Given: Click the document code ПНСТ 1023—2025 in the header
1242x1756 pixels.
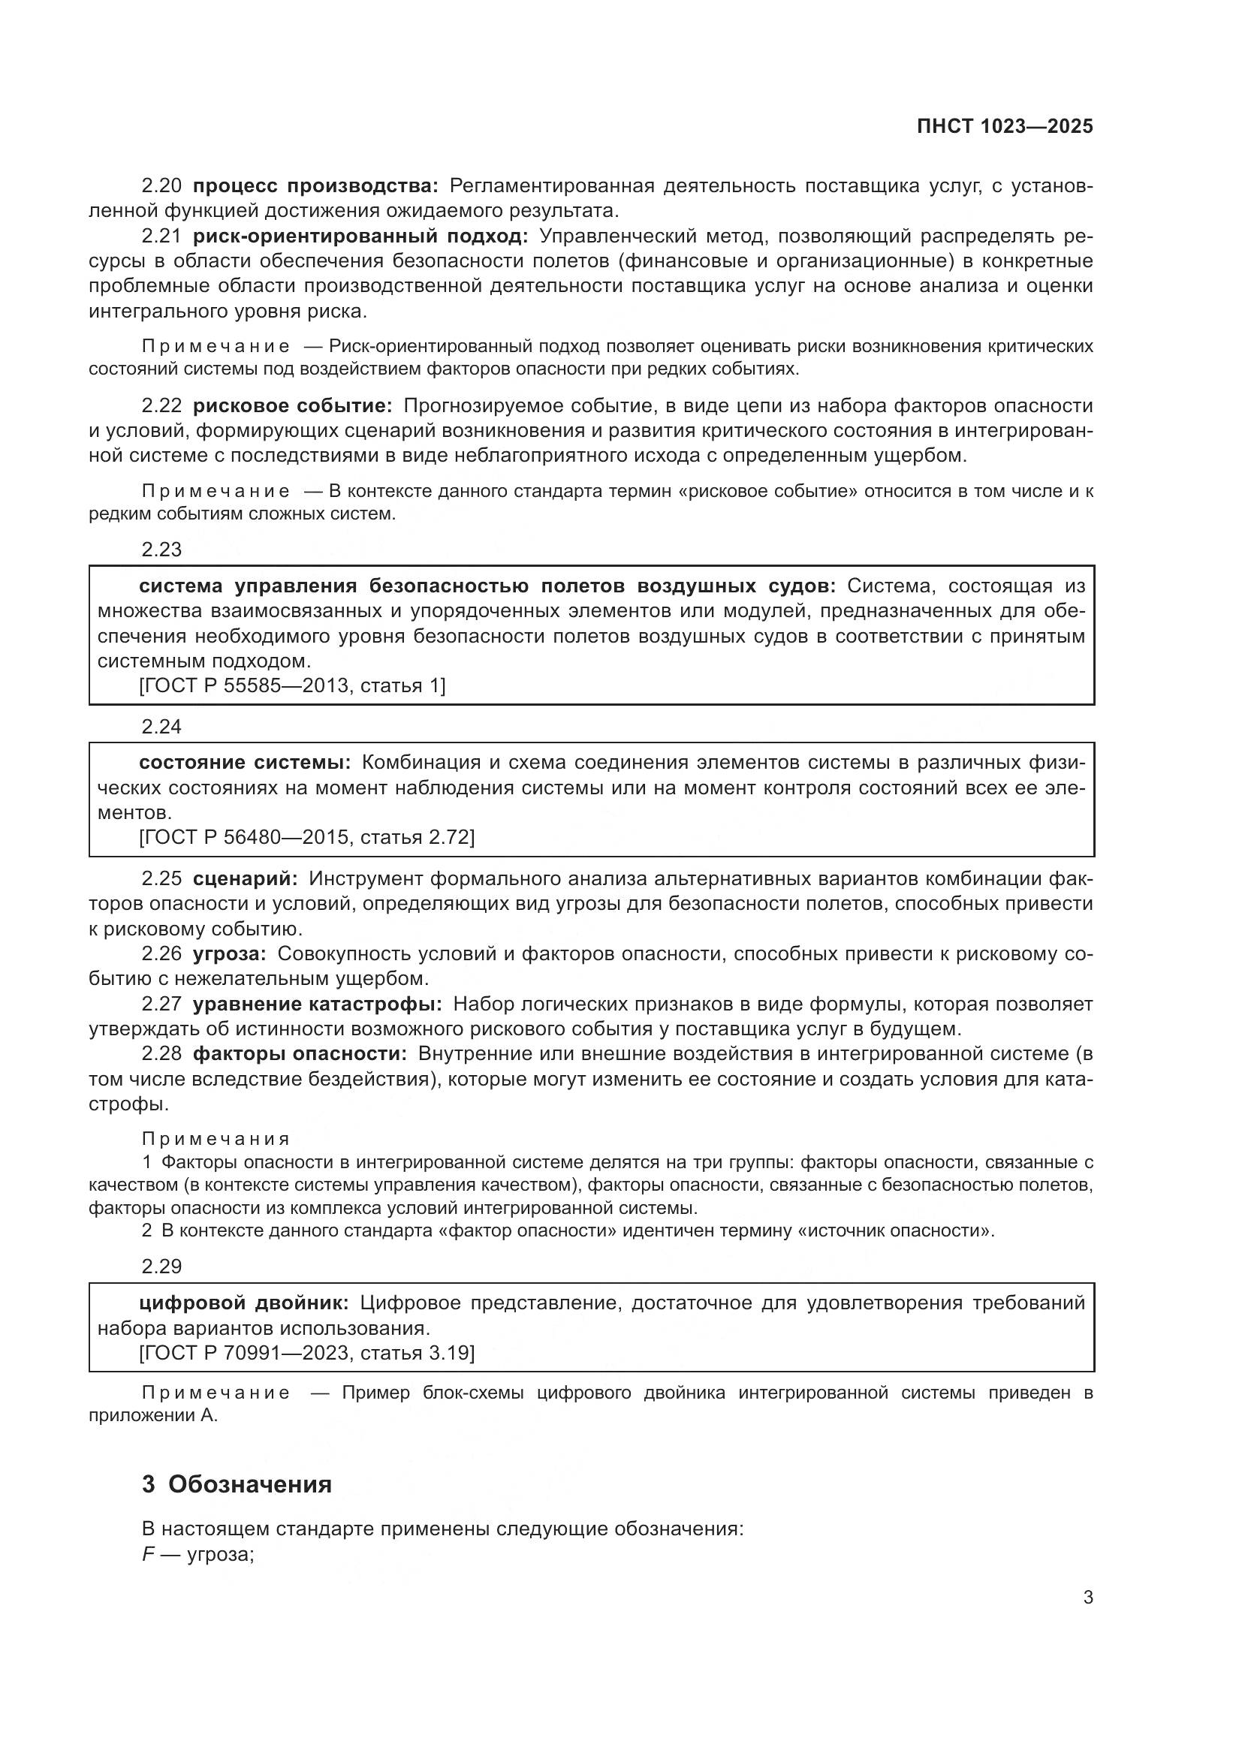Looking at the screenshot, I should (1004, 127).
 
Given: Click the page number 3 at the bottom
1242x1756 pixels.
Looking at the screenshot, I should (1087, 1597).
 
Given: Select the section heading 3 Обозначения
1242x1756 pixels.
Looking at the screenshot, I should (237, 1483).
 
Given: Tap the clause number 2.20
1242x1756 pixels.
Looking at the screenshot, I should (161, 186).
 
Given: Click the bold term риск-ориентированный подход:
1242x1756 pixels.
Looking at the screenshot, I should (360, 236).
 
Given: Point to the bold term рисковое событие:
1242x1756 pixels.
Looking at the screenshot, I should (292, 405).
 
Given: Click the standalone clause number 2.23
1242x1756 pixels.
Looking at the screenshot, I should (161, 549).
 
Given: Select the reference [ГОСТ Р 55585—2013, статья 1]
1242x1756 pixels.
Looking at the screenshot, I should (291, 685).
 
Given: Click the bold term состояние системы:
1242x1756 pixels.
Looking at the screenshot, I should (244, 763).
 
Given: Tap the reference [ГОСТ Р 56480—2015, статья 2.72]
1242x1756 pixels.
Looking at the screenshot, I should (306, 838).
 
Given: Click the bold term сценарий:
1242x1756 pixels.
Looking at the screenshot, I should (245, 879).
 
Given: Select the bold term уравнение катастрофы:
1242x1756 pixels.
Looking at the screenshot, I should (317, 1004).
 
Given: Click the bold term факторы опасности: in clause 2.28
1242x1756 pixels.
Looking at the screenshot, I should (299, 1054).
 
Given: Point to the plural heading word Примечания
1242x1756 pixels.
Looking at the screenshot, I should (216, 1140).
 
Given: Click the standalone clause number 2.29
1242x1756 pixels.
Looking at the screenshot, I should (161, 1267).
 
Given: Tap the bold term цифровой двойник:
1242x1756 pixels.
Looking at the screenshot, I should (243, 1303).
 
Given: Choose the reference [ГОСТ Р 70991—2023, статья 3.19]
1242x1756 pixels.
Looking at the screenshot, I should (306, 1353).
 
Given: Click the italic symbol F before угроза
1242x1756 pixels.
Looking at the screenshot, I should (147, 1554).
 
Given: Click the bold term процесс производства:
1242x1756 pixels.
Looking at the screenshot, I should (315, 186).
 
